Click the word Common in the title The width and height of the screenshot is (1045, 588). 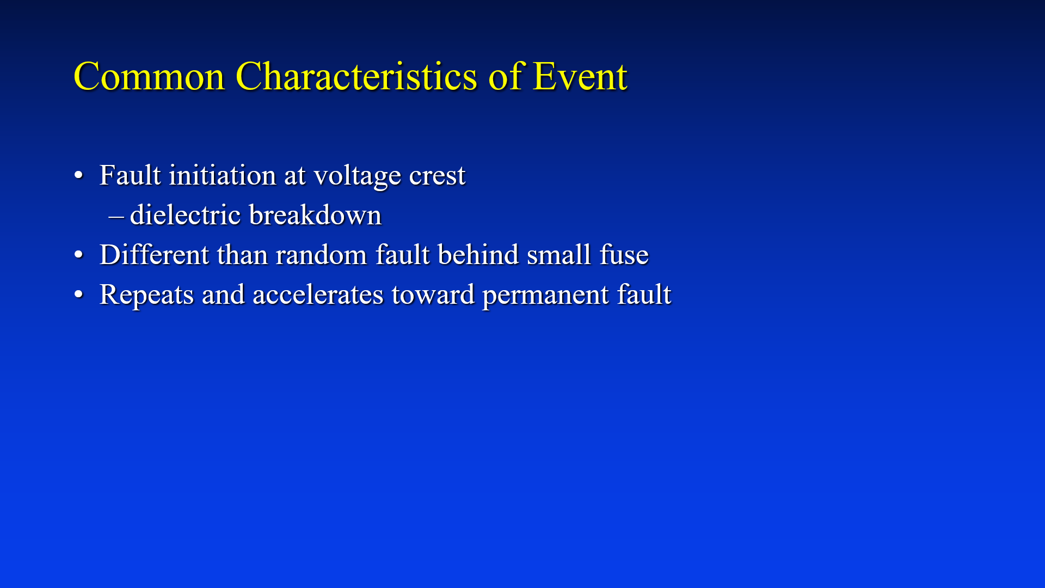149,76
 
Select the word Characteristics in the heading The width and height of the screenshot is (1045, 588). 356,76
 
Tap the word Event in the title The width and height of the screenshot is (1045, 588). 580,76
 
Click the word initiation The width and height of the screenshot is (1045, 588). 223,175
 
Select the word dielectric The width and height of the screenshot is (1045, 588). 186,215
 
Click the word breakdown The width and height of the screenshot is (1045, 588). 316,215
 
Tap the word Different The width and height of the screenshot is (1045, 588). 155,255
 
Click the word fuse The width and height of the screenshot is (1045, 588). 624,255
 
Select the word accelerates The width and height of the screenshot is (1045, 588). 318,295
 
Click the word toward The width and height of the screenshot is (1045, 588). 433,295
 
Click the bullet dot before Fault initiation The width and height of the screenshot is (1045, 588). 79,176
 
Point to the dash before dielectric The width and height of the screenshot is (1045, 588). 116,217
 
